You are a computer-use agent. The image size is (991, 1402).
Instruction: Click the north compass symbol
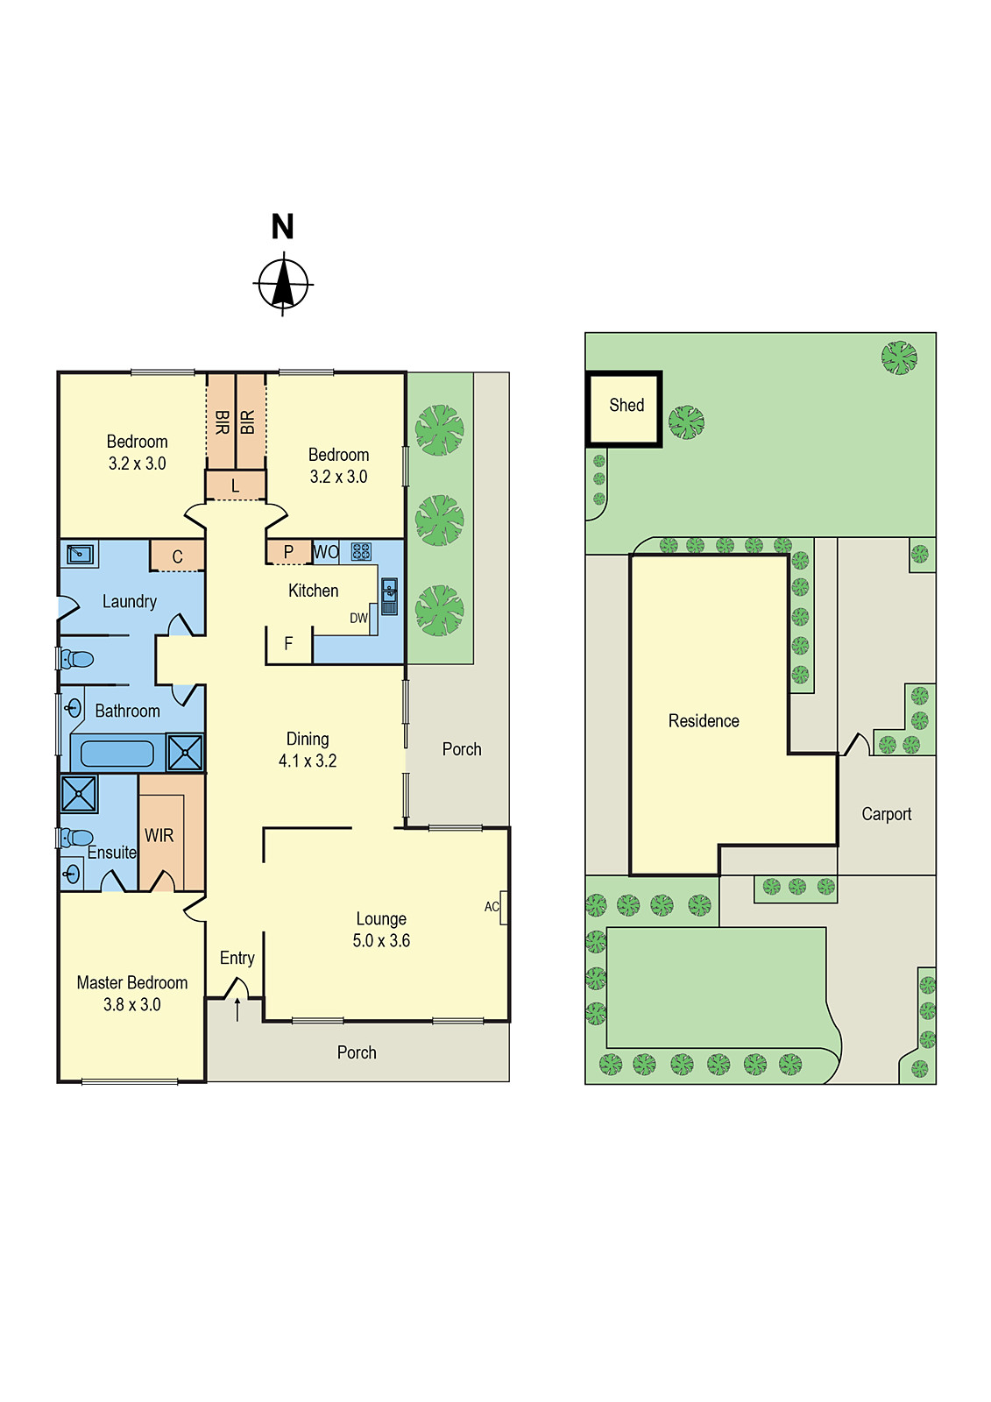pos(283,284)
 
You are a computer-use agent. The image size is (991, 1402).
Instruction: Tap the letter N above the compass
pos(282,227)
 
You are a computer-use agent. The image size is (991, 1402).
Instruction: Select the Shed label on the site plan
pos(626,406)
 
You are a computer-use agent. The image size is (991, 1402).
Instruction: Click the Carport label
pos(886,814)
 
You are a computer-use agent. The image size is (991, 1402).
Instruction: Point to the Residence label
pos(704,721)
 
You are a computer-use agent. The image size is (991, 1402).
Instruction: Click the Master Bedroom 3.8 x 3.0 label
pos(132,994)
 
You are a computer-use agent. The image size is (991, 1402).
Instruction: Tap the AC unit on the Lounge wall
pos(503,907)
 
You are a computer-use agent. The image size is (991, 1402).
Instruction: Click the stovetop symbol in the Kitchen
pos(361,551)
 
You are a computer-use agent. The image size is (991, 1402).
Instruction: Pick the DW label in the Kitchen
pos(358,618)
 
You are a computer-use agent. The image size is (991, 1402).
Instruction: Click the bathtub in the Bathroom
pos(117,753)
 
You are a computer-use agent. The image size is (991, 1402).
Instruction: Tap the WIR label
pos(159,836)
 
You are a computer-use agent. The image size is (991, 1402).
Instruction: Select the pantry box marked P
pos(288,552)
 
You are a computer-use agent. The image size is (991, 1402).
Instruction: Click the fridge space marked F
pos(288,644)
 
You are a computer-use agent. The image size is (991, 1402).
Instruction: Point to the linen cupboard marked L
pos(235,485)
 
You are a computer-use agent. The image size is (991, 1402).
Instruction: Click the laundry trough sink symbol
pos(80,554)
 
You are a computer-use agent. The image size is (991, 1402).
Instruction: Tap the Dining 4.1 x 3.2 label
pos(308,750)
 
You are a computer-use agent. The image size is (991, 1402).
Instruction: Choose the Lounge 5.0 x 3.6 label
pos(381,930)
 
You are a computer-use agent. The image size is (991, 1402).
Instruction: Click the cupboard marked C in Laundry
pos(177,556)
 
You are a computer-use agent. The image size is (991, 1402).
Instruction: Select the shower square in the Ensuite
pos(79,794)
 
